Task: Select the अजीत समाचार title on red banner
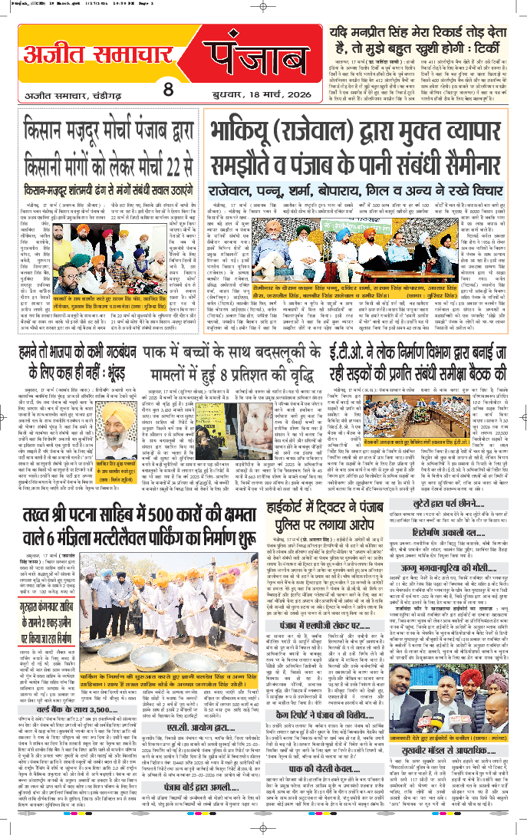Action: [87, 52]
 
